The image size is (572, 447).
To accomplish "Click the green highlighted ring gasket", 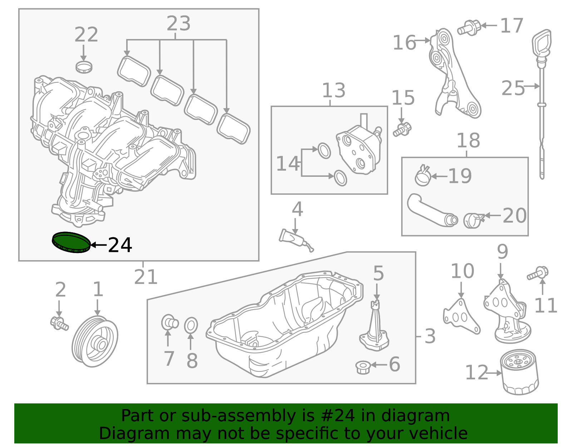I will tap(71, 242).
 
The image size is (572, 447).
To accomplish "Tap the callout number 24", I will tap(120, 246).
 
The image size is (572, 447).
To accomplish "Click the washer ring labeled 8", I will tap(191, 326).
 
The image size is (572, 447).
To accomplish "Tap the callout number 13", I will tap(334, 91).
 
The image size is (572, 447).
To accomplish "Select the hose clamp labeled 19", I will tap(423, 176).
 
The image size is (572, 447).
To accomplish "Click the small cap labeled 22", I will tap(84, 67).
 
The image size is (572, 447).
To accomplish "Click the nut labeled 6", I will tap(363, 367).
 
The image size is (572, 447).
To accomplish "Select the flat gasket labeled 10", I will tap(461, 317).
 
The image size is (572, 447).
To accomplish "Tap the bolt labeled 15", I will tap(403, 130).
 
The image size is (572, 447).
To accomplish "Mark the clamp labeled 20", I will tap(472, 220).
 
